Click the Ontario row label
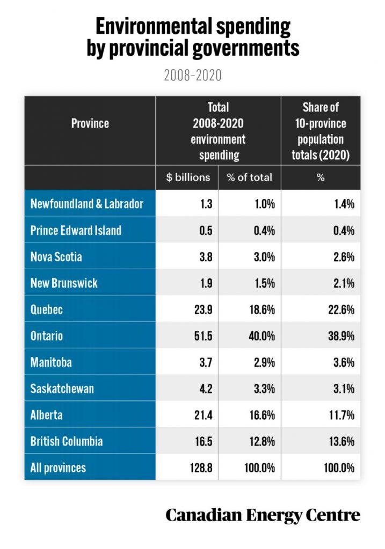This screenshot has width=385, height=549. (x=47, y=336)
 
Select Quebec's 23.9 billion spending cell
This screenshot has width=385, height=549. (x=204, y=310)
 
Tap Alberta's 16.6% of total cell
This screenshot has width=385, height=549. (x=262, y=416)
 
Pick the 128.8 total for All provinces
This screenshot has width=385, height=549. (x=201, y=468)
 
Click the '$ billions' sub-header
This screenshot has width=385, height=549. (x=188, y=177)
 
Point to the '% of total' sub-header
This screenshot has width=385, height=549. (x=249, y=177)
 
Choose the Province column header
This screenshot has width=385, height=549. (x=90, y=123)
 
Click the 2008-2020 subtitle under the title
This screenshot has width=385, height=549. (x=192, y=75)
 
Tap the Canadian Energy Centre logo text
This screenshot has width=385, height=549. (x=263, y=515)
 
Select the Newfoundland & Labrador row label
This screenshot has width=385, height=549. (x=87, y=204)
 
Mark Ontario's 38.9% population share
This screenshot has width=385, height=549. (x=341, y=336)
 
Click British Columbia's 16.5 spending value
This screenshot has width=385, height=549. (x=204, y=442)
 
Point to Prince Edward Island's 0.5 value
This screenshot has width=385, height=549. (x=206, y=231)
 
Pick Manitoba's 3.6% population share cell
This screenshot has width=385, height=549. (x=344, y=362)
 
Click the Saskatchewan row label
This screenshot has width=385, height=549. (x=62, y=389)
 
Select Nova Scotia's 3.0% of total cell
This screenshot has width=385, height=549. (x=264, y=257)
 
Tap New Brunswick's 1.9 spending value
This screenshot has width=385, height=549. (x=206, y=283)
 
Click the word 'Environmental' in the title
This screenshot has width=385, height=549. (x=154, y=27)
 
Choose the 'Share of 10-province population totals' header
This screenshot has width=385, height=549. (x=321, y=131)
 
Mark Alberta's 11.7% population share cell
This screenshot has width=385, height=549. (x=342, y=416)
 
